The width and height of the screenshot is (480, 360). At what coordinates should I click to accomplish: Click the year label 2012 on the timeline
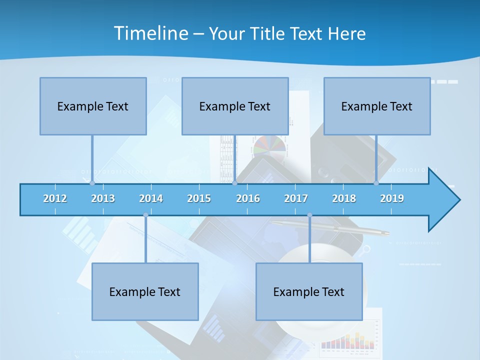tap(55, 198)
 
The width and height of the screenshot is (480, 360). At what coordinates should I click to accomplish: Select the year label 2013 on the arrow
tap(103, 198)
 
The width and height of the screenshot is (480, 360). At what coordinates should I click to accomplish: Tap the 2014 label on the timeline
tap(151, 198)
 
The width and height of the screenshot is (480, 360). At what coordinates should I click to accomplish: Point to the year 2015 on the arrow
tap(199, 198)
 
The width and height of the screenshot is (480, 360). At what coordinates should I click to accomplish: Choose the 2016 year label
tap(248, 198)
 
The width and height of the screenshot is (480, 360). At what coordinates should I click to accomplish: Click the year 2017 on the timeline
tap(296, 198)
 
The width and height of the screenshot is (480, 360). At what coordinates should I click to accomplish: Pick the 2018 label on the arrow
tap(344, 198)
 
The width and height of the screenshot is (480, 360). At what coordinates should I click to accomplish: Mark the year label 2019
tap(392, 198)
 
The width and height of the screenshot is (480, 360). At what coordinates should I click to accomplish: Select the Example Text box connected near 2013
tap(93, 106)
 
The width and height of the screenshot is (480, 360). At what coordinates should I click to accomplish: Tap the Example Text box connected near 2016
tap(235, 106)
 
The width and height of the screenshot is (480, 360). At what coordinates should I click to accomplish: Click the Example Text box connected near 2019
tap(377, 106)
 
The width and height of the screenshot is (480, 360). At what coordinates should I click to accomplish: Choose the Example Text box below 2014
tap(145, 291)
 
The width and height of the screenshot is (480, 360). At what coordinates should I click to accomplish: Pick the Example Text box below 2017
tap(309, 291)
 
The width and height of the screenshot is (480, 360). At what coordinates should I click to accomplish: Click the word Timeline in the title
tap(150, 33)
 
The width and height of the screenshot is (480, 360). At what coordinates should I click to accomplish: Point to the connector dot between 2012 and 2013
tap(92, 183)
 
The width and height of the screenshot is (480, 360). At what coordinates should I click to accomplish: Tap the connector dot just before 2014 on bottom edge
tap(145, 215)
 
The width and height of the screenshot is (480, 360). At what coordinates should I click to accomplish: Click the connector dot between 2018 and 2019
tap(376, 183)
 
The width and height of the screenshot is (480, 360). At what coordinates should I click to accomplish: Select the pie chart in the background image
tap(269, 147)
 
